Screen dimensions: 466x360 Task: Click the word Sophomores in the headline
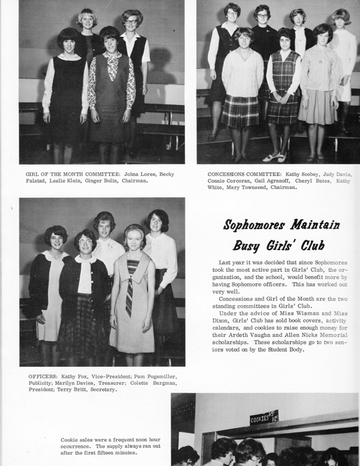coord(253,225)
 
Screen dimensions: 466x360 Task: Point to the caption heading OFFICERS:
coord(43,375)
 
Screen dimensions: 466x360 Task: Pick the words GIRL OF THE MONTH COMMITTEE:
coord(68,174)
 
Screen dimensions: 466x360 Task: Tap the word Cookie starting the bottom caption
coord(69,440)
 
